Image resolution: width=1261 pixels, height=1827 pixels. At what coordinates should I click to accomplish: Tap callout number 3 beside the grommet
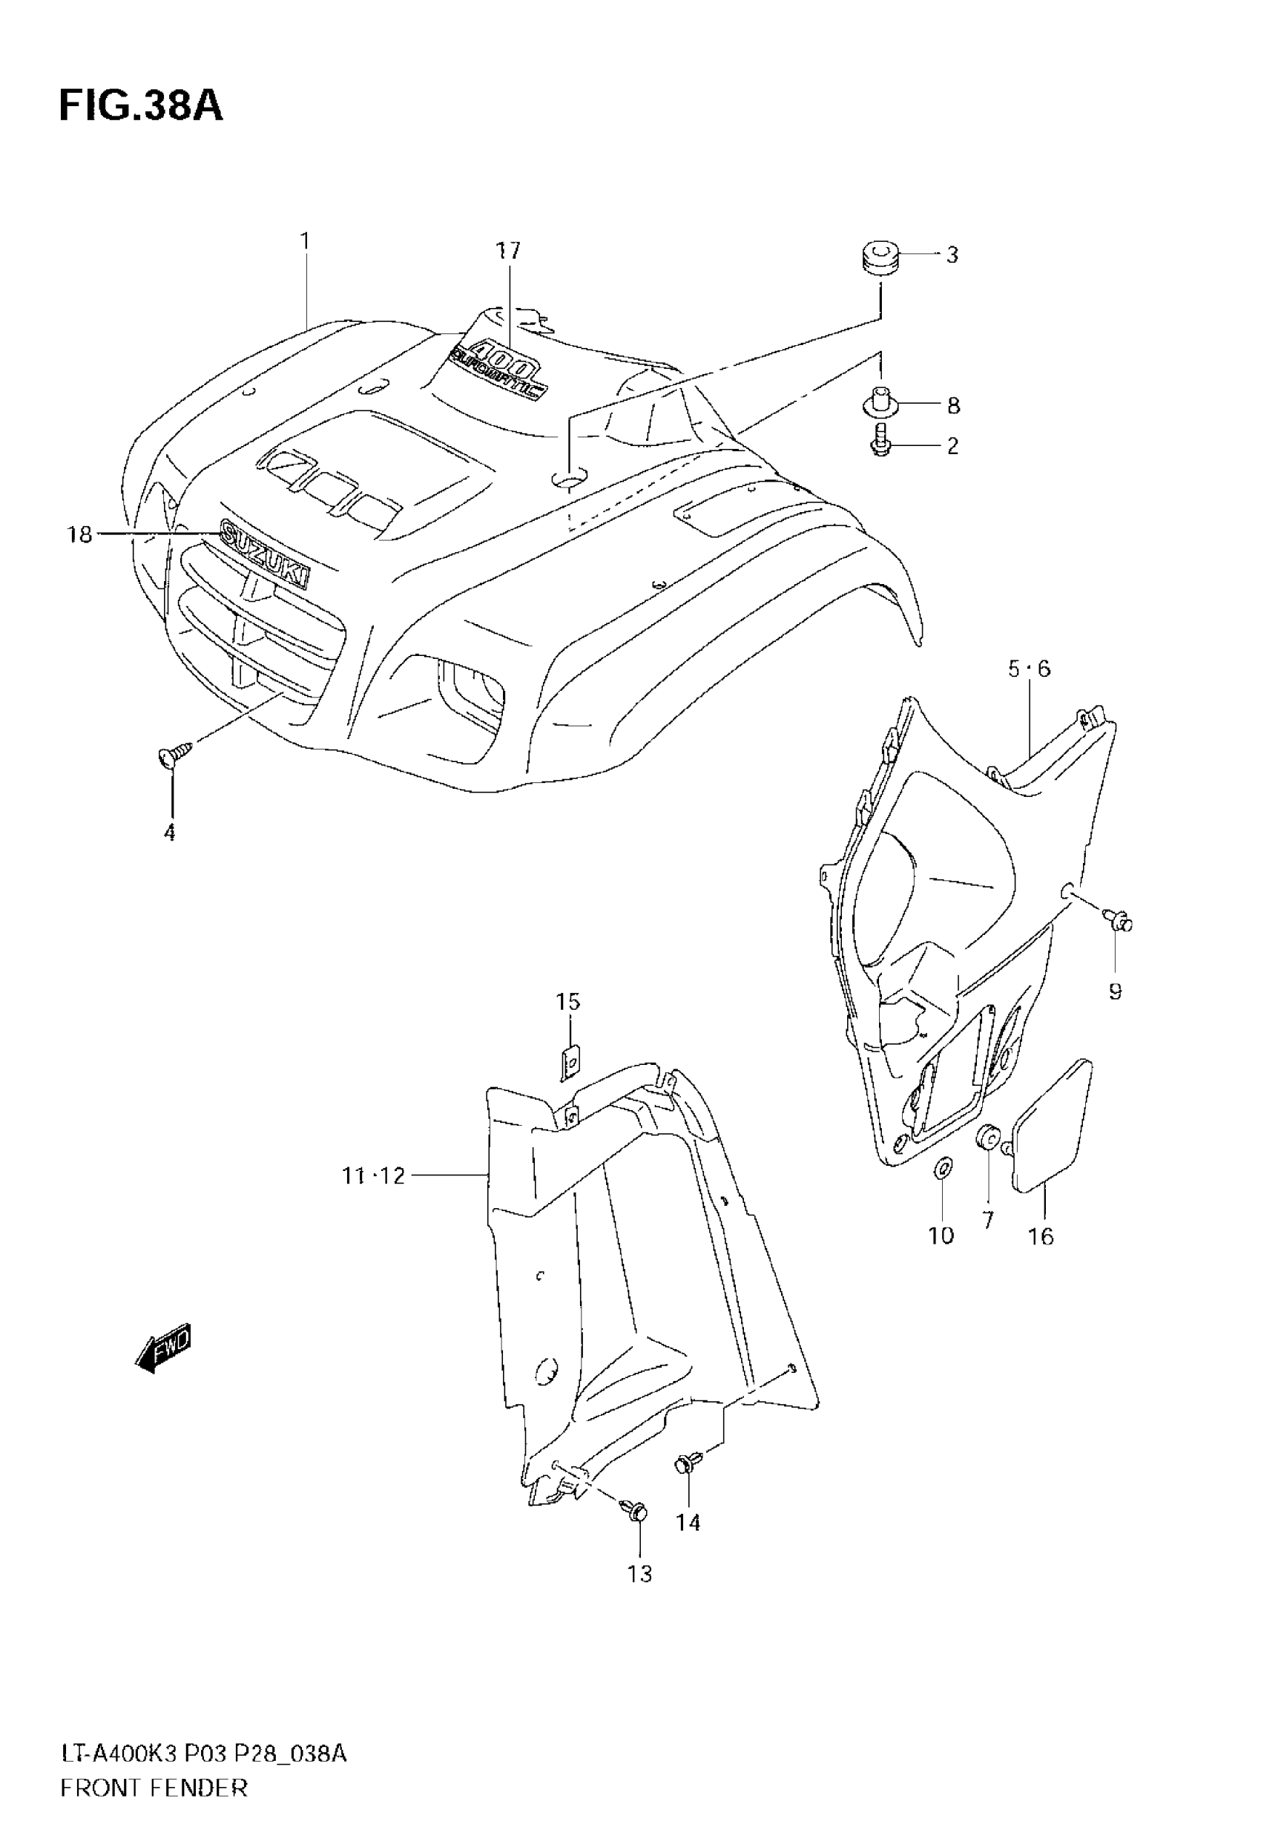pyautogui.click(x=952, y=255)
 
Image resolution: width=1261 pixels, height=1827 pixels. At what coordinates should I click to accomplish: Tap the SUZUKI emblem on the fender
pyautogui.click(x=265, y=552)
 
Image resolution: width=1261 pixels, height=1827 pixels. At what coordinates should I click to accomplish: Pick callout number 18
pyautogui.click(x=79, y=535)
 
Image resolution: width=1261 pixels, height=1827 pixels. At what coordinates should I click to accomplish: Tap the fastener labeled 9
pyautogui.click(x=1118, y=918)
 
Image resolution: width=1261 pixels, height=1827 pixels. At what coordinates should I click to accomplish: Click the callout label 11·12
pyautogui.click(x=373, y=1198)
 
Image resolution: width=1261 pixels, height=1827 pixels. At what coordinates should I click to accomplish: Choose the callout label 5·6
pyautogui.click(x=1029, y=669)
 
